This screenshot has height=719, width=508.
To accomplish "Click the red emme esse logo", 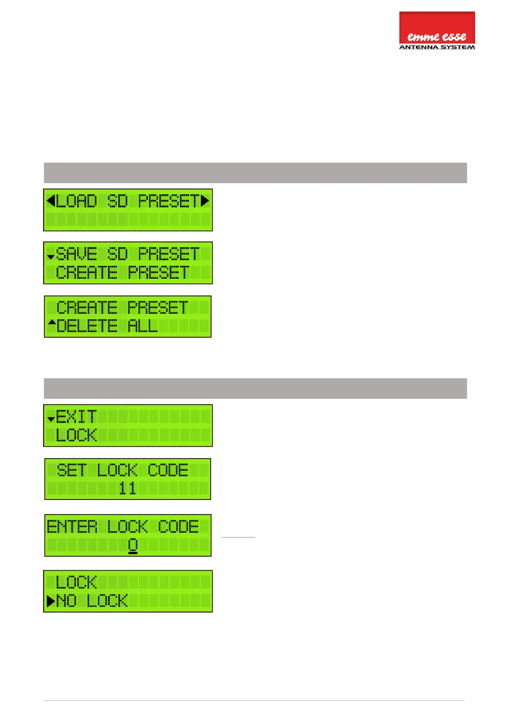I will coord(437,28).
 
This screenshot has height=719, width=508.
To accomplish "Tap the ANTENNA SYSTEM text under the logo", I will coord(437,47).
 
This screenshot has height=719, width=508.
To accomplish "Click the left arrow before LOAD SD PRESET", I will coord(51,200).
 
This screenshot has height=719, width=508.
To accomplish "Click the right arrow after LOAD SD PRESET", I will coord(205,200).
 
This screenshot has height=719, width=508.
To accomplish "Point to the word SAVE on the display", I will coord(76,254).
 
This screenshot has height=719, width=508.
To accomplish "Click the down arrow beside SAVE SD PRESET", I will coord(51,257).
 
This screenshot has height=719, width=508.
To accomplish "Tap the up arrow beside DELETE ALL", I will coord(52,322).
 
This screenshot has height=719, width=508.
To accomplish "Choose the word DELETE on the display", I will coord(87,326).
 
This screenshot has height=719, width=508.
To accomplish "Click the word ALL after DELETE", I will coord(143,326).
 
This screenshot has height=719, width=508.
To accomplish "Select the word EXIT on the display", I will coord(76,416).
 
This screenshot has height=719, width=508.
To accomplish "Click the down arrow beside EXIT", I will coord(51,419).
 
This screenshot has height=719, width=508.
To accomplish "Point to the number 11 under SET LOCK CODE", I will coord(128,488).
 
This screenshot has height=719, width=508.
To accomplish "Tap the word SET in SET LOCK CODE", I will coord(71,470).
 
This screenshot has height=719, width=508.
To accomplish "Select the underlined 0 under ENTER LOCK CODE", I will coord(133,545).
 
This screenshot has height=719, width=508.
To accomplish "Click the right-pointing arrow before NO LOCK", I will coord(51,601).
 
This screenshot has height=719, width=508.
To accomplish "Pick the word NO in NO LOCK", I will coord(66,601).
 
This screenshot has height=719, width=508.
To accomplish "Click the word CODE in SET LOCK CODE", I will coord(168,470).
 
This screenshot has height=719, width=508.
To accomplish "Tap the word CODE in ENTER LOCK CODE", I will coord(178,526).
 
